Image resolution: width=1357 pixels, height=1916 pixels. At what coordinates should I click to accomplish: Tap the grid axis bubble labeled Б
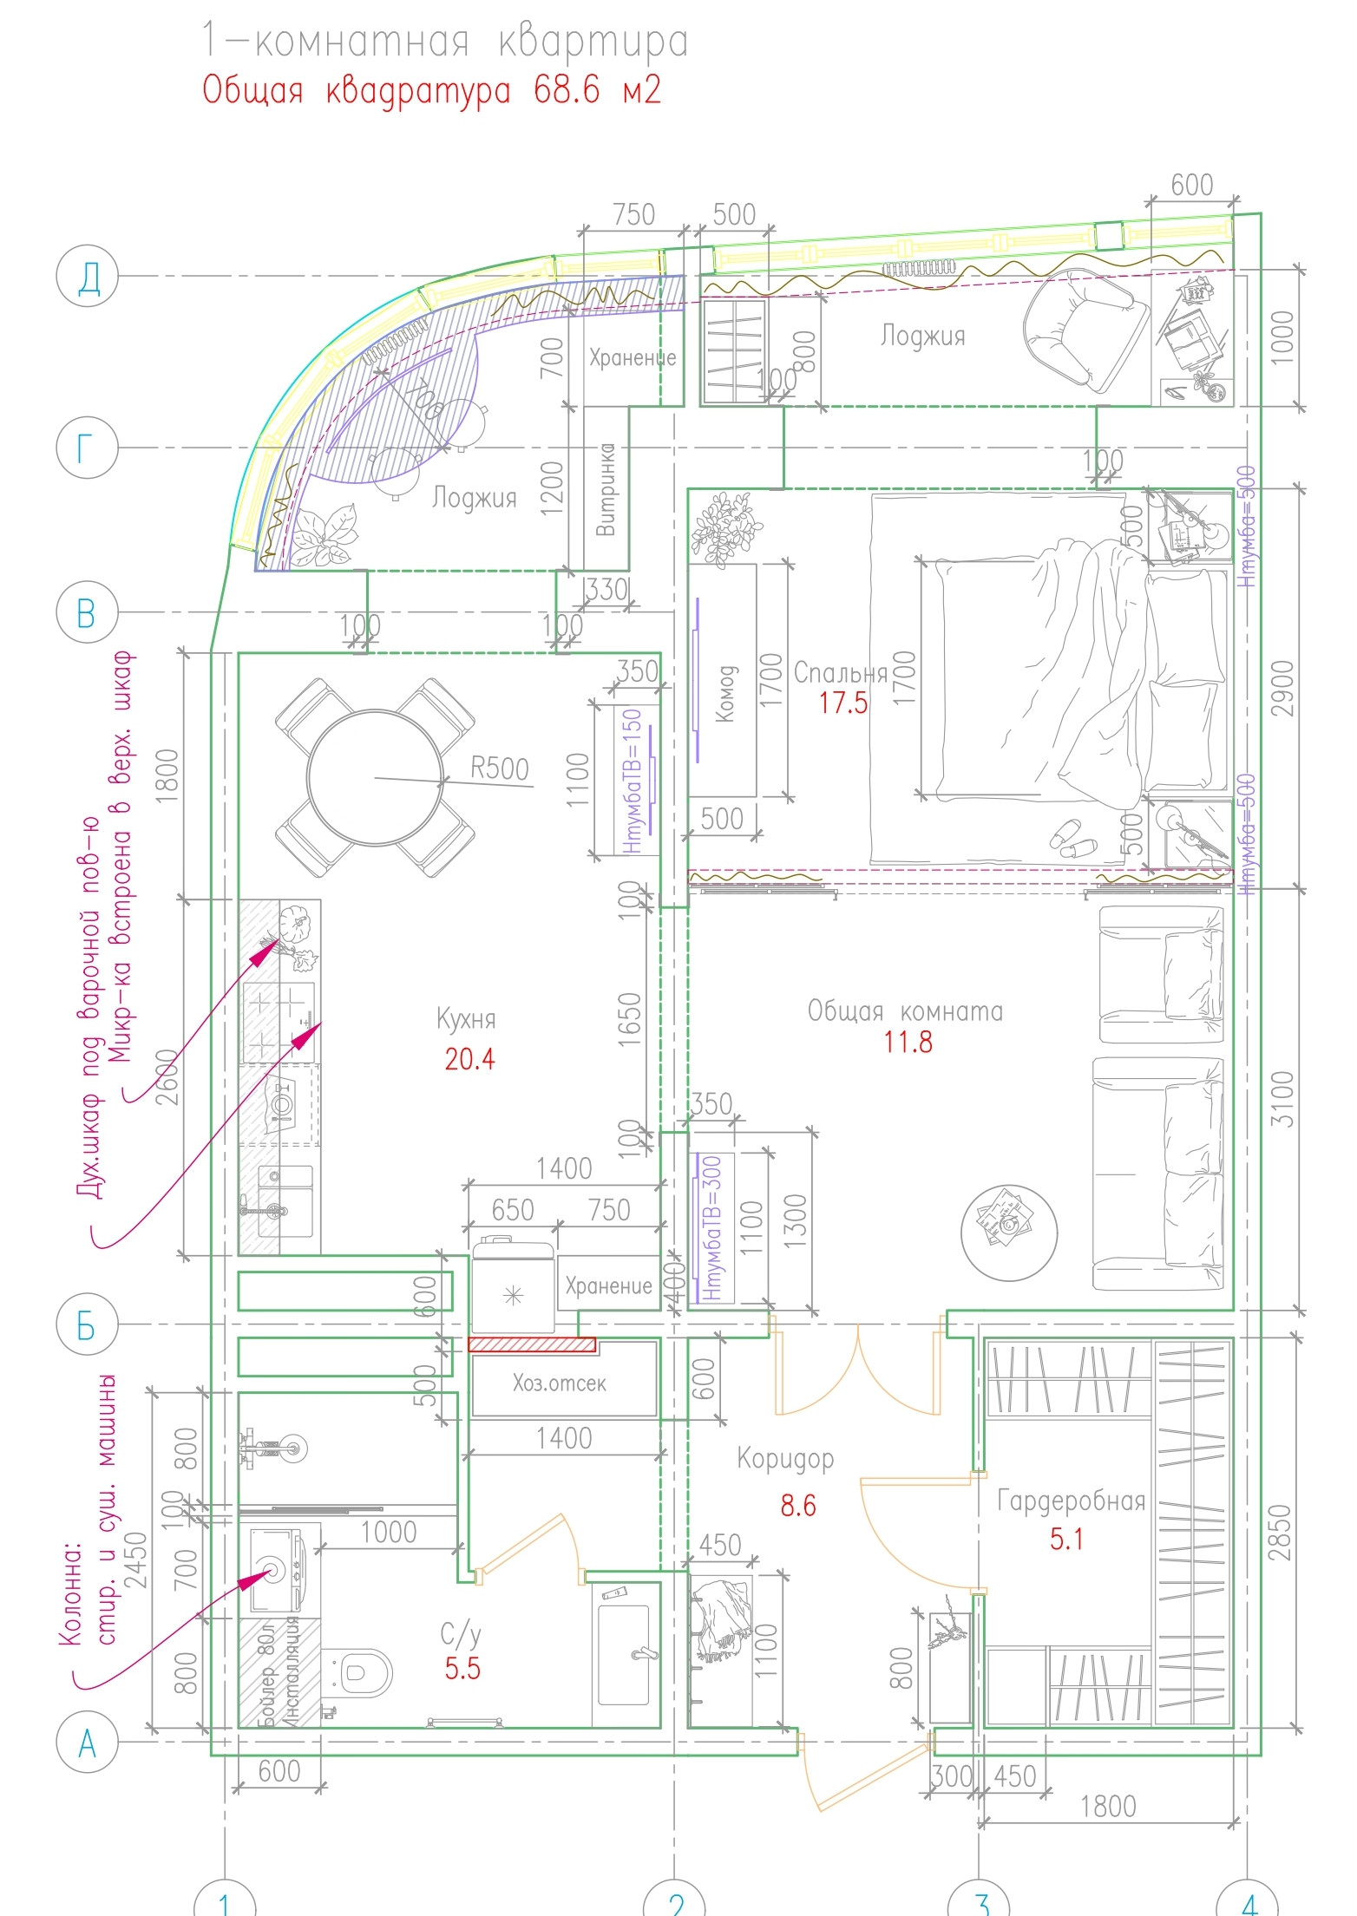(86, 1324)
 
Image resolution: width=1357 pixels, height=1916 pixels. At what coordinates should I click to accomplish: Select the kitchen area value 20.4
(469, 1059)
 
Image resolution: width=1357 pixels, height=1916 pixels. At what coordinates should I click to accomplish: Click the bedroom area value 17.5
(843, 703)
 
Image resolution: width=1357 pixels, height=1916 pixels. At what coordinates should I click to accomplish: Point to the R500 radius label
(499, 768)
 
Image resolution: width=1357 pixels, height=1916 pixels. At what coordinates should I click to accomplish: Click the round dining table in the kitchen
(375, 777)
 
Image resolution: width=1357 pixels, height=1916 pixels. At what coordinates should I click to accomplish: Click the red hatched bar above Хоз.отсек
(532, 1344)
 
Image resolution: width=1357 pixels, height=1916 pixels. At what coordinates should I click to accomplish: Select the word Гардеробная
(1071, 1500)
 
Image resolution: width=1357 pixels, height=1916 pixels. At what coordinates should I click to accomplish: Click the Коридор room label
(785, 1458)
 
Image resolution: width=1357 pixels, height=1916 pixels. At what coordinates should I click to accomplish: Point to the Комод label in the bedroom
(726, 693)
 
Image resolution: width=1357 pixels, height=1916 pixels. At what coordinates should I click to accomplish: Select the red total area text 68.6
(567, 90)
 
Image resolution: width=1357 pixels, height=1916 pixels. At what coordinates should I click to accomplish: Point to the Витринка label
(606, 490)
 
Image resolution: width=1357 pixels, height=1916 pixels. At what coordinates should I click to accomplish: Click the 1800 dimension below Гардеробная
(1107, 1807)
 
